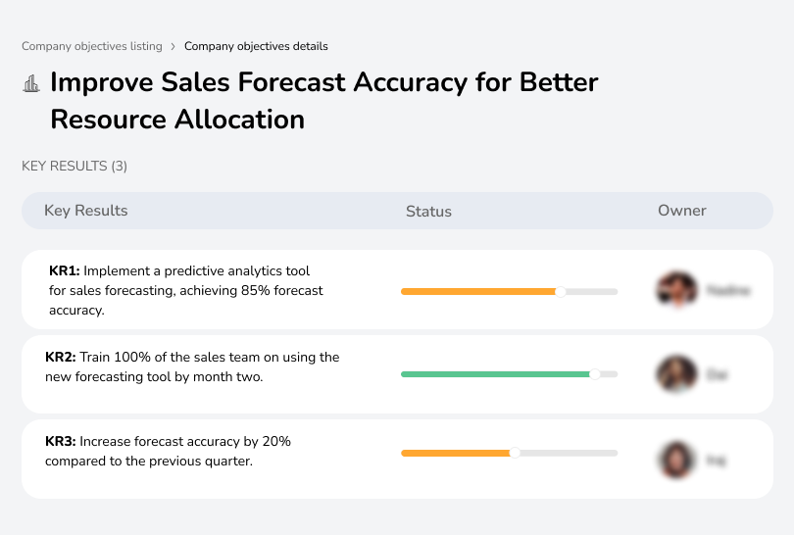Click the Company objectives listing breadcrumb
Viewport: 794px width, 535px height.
92,46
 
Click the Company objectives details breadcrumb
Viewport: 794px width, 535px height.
256,46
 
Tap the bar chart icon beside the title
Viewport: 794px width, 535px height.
31,83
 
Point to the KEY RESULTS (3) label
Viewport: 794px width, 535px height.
74,167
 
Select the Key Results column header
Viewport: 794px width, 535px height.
85,211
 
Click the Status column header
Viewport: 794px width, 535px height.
428,211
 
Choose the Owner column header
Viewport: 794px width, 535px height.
682,211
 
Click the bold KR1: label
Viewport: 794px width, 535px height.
64,270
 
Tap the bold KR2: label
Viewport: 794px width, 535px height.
61,358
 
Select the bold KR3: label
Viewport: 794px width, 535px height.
61,442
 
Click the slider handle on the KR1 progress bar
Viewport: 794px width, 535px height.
561,291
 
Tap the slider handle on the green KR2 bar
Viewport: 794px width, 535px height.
594,374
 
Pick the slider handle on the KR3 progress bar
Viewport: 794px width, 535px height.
515,453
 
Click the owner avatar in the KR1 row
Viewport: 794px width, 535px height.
676,290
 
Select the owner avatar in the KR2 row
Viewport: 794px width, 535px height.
676,374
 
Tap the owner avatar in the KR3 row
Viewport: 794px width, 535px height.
676,459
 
